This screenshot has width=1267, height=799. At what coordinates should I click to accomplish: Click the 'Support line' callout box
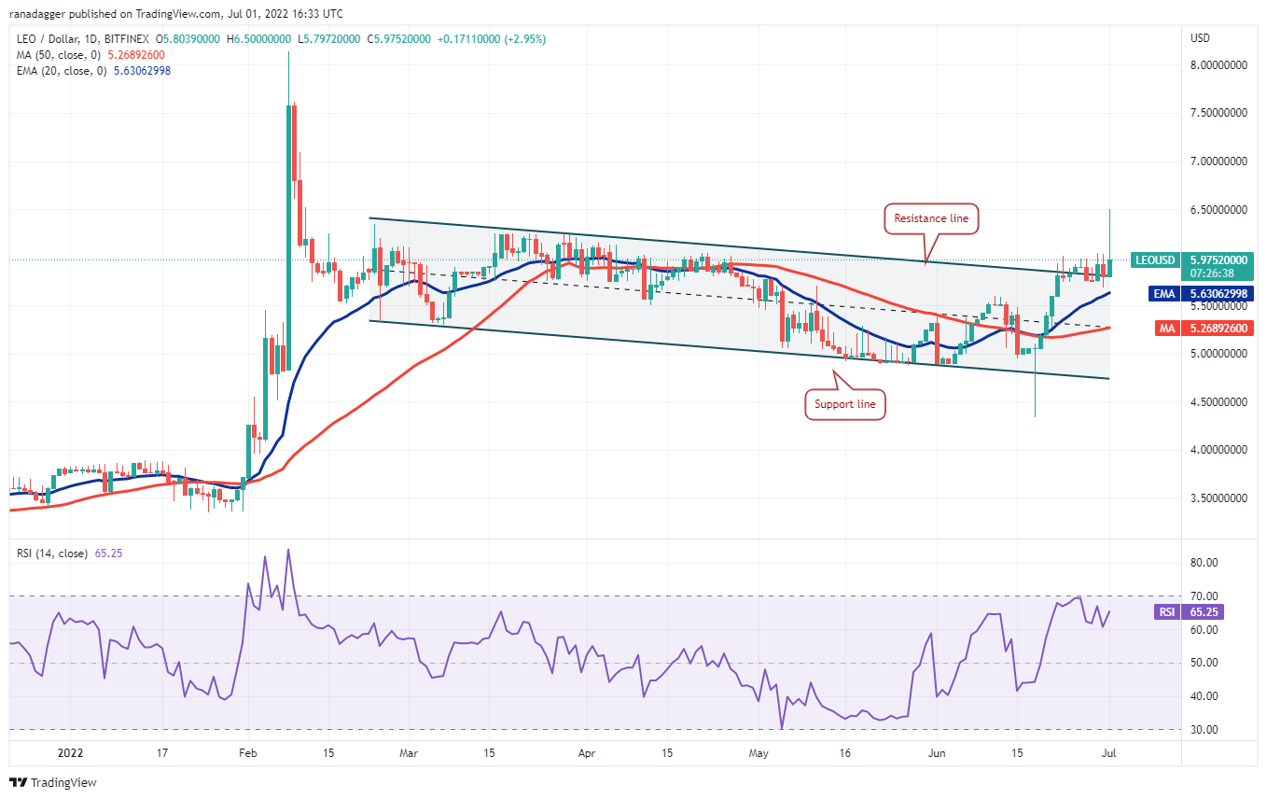click(x=845, y=404)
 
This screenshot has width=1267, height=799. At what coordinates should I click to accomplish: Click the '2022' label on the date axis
click(x=70, y=750)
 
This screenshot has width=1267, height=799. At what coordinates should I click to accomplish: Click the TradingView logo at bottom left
click(x=54, y=782)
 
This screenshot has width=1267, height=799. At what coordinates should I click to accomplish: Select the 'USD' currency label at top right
click(x=1200, y=38)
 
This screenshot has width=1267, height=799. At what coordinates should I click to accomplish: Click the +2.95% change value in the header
click(x=525, y=39)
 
